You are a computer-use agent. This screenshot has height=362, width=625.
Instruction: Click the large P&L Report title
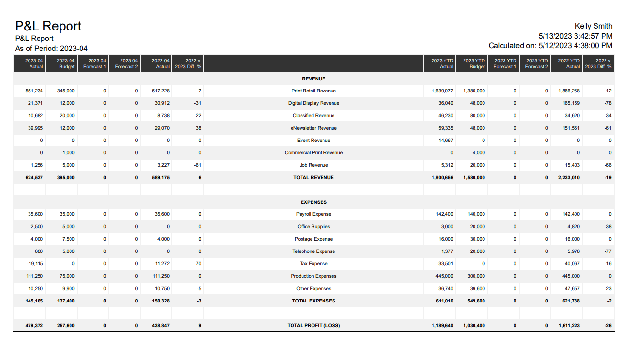48,26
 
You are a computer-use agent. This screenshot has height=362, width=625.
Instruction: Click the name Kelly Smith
593,26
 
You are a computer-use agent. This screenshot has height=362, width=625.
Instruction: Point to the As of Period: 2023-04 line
51,49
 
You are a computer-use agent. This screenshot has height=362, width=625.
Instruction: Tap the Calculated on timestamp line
550,46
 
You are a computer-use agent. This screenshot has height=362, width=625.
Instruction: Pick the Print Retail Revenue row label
313,91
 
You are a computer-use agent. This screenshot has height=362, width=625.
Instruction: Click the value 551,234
34,91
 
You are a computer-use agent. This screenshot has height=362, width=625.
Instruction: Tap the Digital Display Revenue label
313,103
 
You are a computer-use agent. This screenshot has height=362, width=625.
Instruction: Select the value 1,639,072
443,91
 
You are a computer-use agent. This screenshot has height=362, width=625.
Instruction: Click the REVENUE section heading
313,79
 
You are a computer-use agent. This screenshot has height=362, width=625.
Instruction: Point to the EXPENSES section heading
313,202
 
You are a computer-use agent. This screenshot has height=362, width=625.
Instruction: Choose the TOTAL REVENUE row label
313,177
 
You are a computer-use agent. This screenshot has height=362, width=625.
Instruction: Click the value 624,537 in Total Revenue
34,177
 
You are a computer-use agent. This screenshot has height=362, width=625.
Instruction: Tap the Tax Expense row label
313,264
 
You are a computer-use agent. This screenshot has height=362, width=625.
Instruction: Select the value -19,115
34,264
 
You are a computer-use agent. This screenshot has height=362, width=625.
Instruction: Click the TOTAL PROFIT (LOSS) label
313,326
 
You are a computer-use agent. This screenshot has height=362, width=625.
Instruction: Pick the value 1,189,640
443,326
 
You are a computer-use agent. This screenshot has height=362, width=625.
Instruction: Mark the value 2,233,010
569,177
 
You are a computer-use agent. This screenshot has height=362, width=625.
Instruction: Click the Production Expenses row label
313,276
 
